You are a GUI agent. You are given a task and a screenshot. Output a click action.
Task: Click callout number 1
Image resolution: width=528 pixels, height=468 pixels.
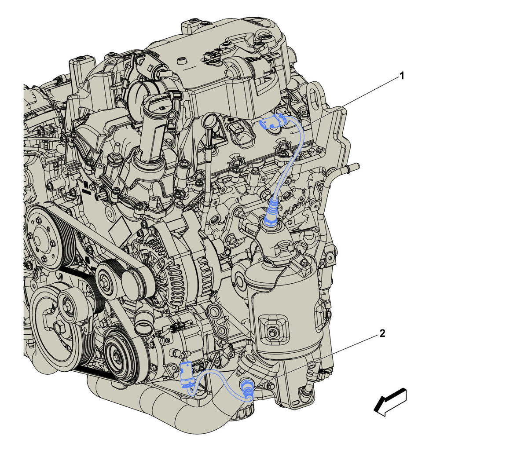(x=402, y=76)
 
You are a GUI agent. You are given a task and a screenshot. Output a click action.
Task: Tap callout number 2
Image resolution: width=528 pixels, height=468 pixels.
(x=382, y=333)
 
